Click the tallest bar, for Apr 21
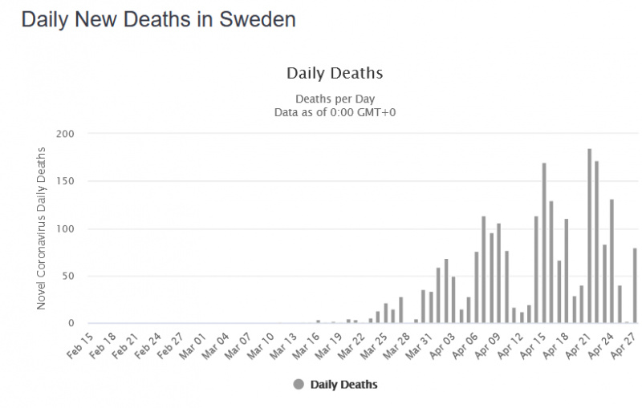point(589,236)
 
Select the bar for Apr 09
point(499,273)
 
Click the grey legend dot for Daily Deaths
point(299,385)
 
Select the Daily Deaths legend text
point(343,385)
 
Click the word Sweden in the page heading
point(260,20)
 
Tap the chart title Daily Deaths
point(335,74)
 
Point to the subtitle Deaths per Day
point(335,99)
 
